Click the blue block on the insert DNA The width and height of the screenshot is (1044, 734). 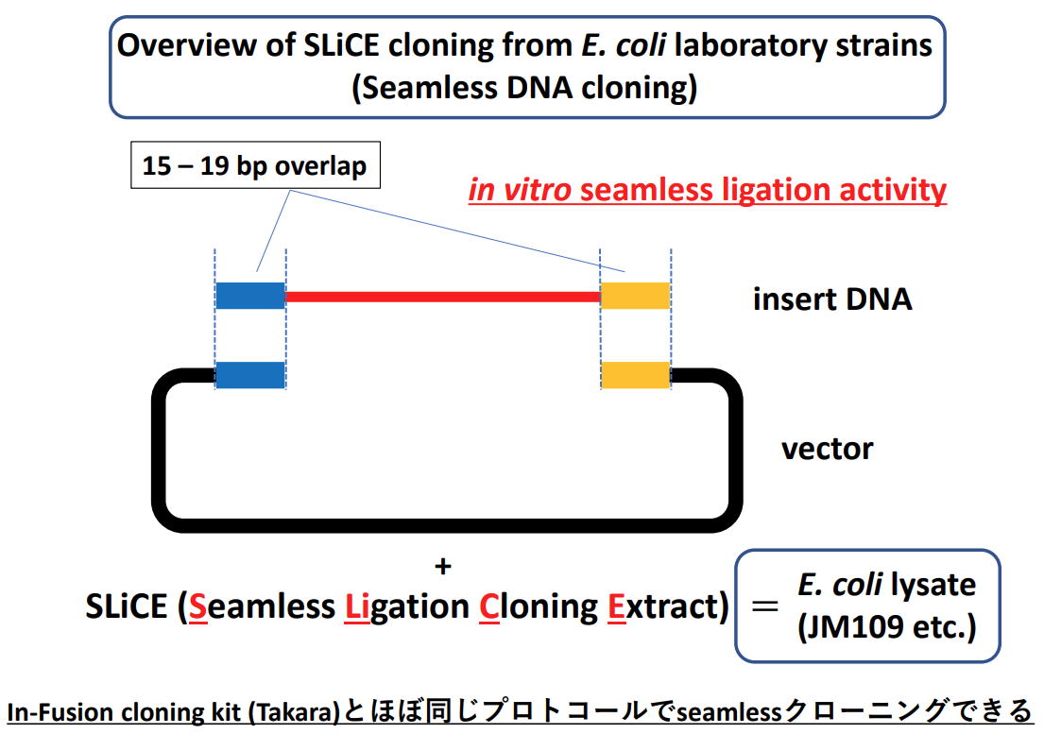(250, 296)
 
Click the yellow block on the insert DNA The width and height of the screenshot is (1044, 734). (635, 296)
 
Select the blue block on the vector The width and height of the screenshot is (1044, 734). (250, 375)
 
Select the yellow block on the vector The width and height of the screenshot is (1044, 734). (635, 375)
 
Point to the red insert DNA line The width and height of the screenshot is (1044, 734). (443, 296)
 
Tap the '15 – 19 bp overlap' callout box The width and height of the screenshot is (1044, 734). (255, 165)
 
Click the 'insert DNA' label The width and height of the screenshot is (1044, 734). (832, 299)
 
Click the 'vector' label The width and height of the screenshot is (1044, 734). (827, 449)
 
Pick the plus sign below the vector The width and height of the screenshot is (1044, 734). (443, 566)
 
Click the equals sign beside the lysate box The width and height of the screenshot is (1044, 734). (764, 606)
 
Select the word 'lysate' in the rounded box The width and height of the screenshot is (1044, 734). (933, 585)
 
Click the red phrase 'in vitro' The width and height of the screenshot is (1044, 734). (520, 190)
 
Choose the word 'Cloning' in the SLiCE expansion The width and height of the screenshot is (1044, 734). (538, 607)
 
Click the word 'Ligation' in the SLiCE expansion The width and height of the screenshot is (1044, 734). (406, 607)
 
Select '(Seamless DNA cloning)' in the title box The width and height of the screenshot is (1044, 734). (524, 88)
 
